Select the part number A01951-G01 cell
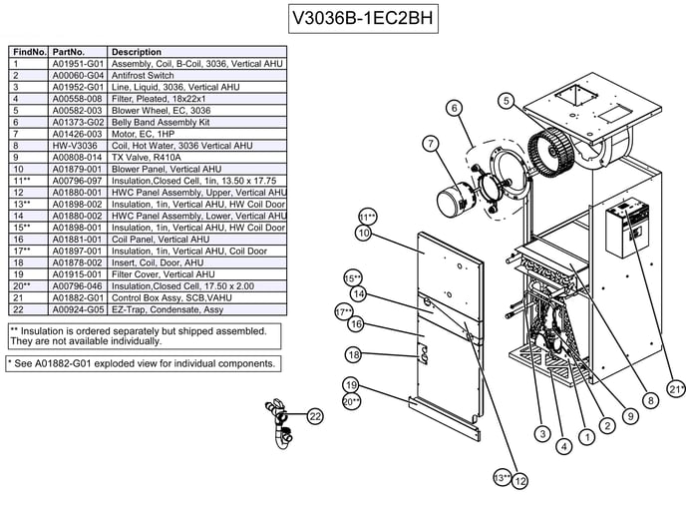[78, 63]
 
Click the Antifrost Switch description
[143, 75]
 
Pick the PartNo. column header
[69, 51]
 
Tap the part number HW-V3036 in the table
[73, 145]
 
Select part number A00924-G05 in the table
[78, 309]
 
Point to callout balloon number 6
[454, 108]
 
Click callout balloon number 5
[507, 100]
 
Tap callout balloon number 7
[431, 144]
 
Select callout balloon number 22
[315, 416]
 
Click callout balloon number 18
[353, 354]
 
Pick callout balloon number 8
[650, 400]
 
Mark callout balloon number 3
[541, 433]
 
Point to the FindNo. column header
[28, 51]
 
